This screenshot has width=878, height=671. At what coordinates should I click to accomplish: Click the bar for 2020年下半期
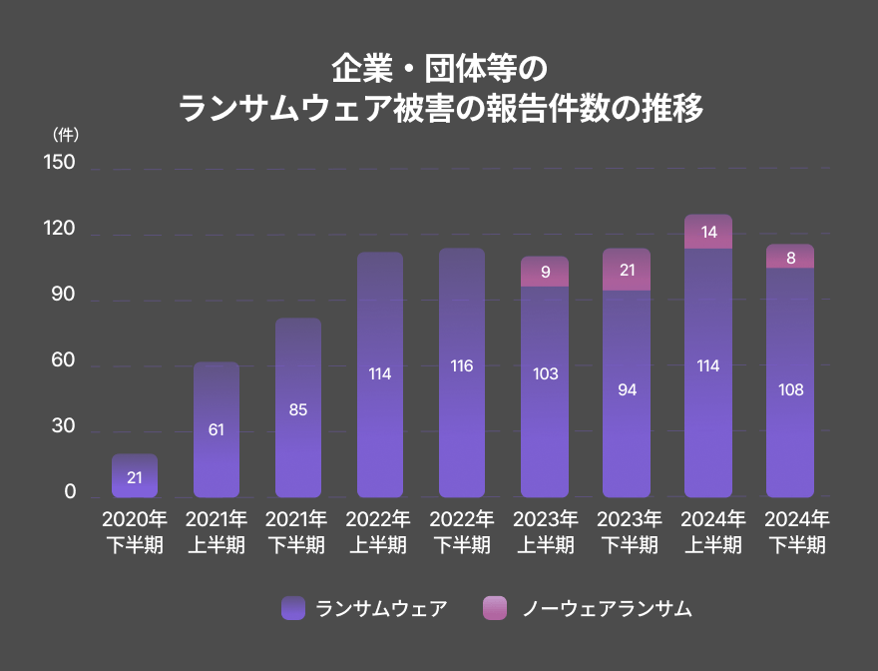(x=135, y=476)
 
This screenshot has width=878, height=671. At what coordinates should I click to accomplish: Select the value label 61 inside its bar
(x=217, y=430)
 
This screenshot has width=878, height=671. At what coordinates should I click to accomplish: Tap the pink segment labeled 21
(x=627, y=270)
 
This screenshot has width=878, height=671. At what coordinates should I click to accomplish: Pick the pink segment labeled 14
(x=708, y=232)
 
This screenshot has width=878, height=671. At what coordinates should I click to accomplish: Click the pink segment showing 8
(x=790, y=257)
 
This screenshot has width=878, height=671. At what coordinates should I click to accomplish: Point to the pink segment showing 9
(x=545, y=272)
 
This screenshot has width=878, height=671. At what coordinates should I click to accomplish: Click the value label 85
(x=298, y=409)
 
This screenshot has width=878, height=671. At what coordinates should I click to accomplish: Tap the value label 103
(x=545, y=374)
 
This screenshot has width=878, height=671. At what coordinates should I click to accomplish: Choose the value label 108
(x=790, y=390)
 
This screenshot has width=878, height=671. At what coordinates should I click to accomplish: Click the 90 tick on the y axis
(x=63, y=295)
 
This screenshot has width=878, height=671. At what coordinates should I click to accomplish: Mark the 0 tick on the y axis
(x=70, y=492)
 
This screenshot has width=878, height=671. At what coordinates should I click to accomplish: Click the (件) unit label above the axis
(x=65, y=134)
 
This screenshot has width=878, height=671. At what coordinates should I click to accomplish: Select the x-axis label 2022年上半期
(x=379, y=532)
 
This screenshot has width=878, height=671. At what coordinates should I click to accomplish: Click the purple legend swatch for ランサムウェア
(x=293, y=608)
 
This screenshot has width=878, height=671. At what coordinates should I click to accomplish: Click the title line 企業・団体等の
(x=439, y=69)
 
